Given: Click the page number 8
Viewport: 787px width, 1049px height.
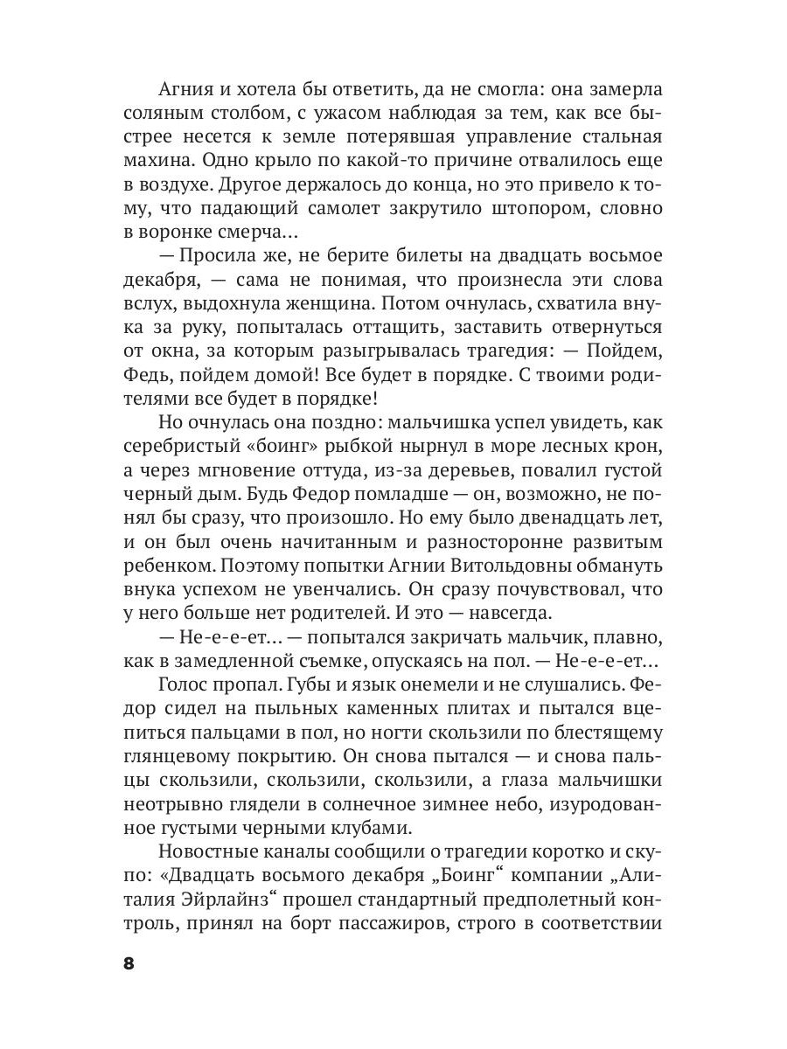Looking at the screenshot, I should click(x=129, y=964).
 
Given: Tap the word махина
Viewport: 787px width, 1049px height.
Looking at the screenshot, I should click(x=156, y=162).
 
